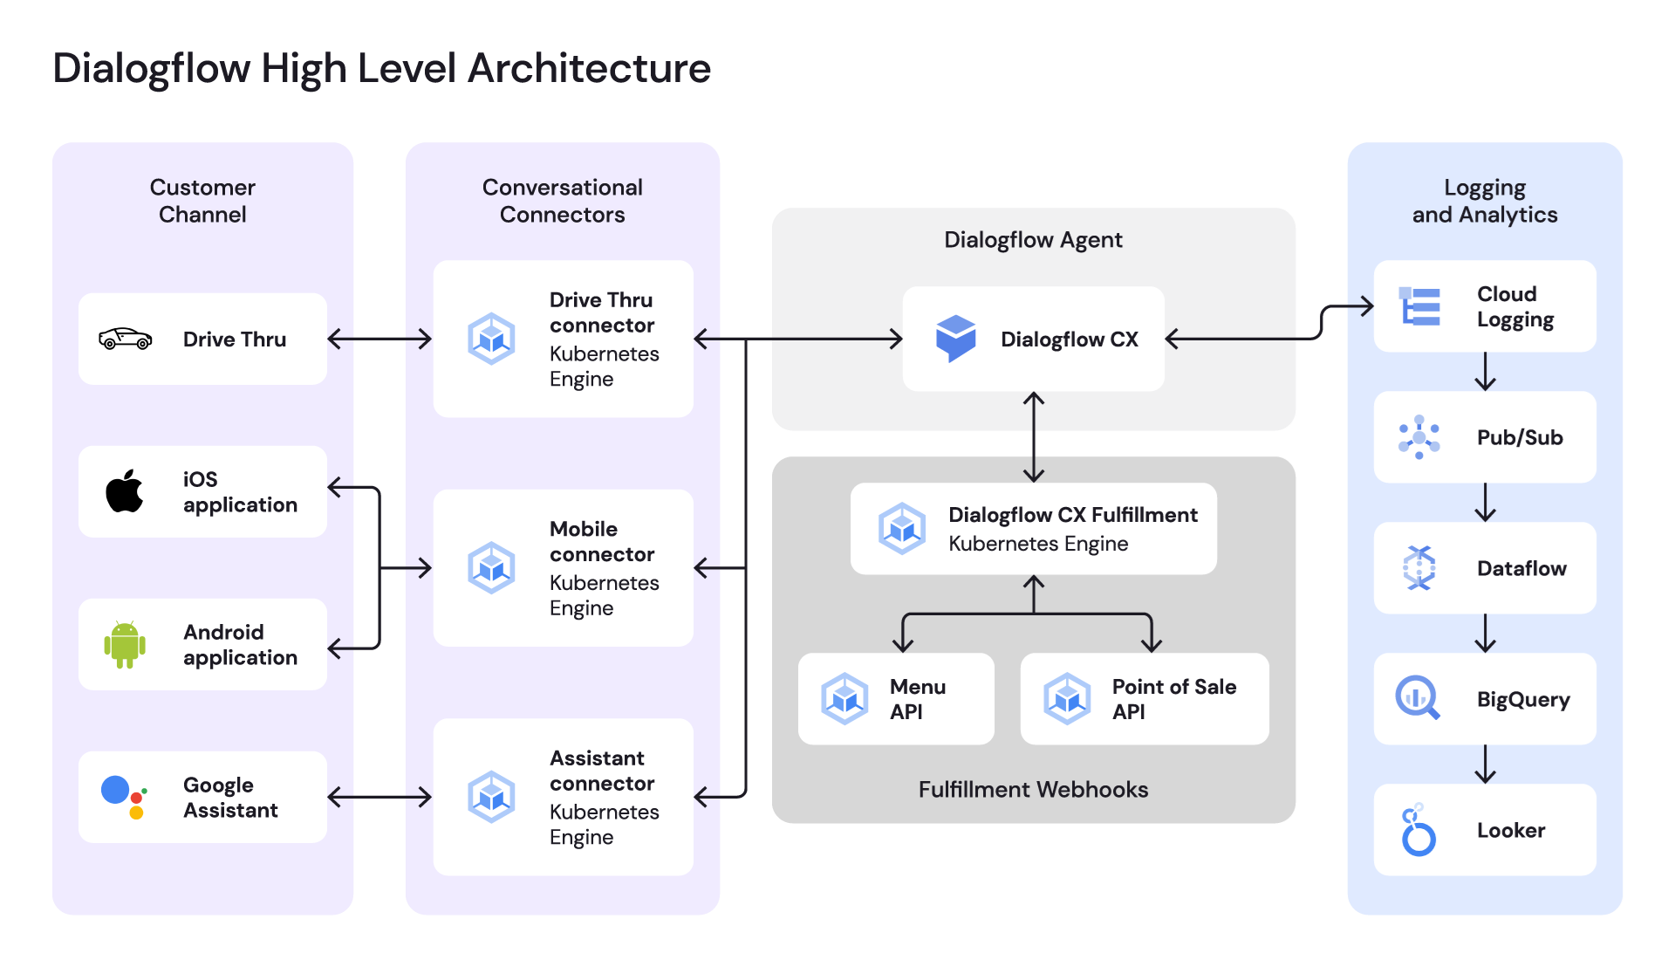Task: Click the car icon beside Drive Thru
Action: pyautogui.click(x=126, y=339)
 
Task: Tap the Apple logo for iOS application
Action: pyautogui.click(x=125, y=491)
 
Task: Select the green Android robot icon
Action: pyautogui.click(x=125, y=645)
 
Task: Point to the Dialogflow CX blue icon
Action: pyautogui.click(x=955, y=339)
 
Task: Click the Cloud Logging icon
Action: pyautogui.click(x=1419, y=306)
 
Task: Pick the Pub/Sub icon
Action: pyautogui.click(x=1419, y=437)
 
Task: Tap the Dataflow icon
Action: pyautogui.click(x=1419, y=568)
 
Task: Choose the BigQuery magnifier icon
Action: pyautogui.click(x=1418, y=698)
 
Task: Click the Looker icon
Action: pyautogui.click(x=1419, y=831)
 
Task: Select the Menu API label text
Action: pyautogui.click(x=918, y=699)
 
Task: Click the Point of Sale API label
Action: pyautogui.click(x=1173, y=699)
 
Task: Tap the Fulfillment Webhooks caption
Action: pyautogui.click(x=1033, y=790)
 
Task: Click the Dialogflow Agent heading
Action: pyautogui.click(x=1033, y=240)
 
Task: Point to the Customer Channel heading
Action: pyautogui.click(x=202, y=201)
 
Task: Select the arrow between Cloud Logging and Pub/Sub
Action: pyautogui.click(x=1485, y=372)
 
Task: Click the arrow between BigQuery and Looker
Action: pyautogui.click(x=1485, y=765)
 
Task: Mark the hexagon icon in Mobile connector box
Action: pyautogui.click(x=492, y=568)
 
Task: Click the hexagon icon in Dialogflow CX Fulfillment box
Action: pyautogui.click(x=902, y=528)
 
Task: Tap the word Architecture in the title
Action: pyautogui.click(x=590, y=68)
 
